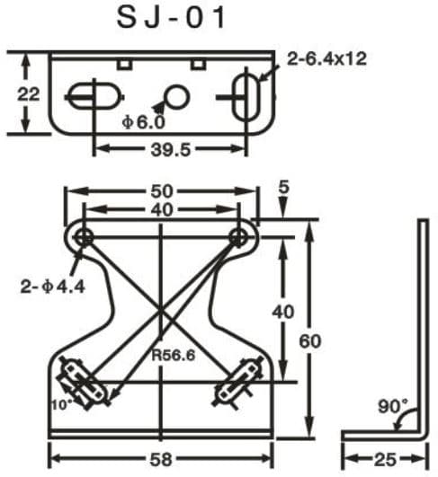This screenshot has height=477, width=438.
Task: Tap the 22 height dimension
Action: pos(30,93)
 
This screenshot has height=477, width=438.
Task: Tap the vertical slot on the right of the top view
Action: pos(245,94)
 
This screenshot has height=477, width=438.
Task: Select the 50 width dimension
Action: pos(162,191)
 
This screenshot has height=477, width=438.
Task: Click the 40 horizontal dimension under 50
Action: pos(162,210)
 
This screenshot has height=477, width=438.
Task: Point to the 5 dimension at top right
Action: pos(284,188)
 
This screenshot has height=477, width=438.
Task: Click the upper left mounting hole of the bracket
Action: pos(84,236)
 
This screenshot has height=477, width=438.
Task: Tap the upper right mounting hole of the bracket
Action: pos(239,236)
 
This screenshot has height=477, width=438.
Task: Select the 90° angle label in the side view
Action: pos(393,406)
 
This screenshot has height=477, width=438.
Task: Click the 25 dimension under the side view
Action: pos(384,459)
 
